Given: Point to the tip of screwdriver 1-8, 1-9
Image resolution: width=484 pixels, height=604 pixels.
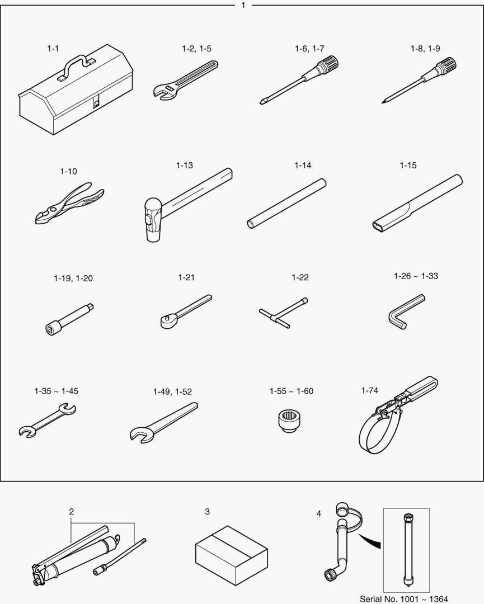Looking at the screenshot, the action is click(383, 102).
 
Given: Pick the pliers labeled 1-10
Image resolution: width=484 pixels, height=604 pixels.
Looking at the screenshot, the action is click(69, 203).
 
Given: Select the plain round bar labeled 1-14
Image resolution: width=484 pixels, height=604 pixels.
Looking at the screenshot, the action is click(286, 204).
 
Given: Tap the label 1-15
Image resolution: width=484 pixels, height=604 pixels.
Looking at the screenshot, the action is click(408, 165).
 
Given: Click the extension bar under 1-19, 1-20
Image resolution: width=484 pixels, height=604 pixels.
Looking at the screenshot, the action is click(69, 319).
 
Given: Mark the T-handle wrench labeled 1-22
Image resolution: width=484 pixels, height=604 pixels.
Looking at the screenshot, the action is click(284, 313).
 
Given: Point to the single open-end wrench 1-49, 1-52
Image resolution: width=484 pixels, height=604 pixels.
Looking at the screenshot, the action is click(164, 423).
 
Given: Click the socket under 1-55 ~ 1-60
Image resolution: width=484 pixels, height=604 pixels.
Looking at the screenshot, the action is click(290, 421).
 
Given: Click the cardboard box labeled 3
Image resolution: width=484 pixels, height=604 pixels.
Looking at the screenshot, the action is click(231, 555).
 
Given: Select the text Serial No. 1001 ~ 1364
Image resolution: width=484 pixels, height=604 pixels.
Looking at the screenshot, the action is click(404, 599).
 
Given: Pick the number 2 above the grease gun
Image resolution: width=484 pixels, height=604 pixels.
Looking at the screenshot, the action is click(71, 512).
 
